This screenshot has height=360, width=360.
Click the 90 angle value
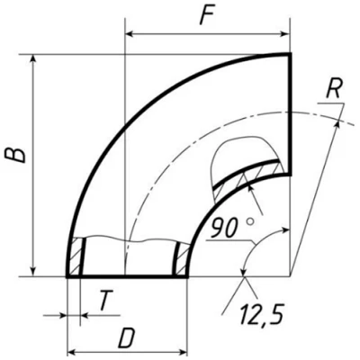pos(223,228)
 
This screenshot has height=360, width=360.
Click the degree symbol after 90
pos(249,220)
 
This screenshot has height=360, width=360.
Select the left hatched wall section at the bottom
pos(76,258)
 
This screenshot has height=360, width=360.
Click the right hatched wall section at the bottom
pos(183,258)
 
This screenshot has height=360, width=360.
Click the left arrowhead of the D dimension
pos(72,351)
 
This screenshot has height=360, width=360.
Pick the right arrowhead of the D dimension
pos(184,351)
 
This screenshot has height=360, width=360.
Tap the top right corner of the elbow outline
pos(291,55)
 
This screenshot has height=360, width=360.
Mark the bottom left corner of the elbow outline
pos(67,277)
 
